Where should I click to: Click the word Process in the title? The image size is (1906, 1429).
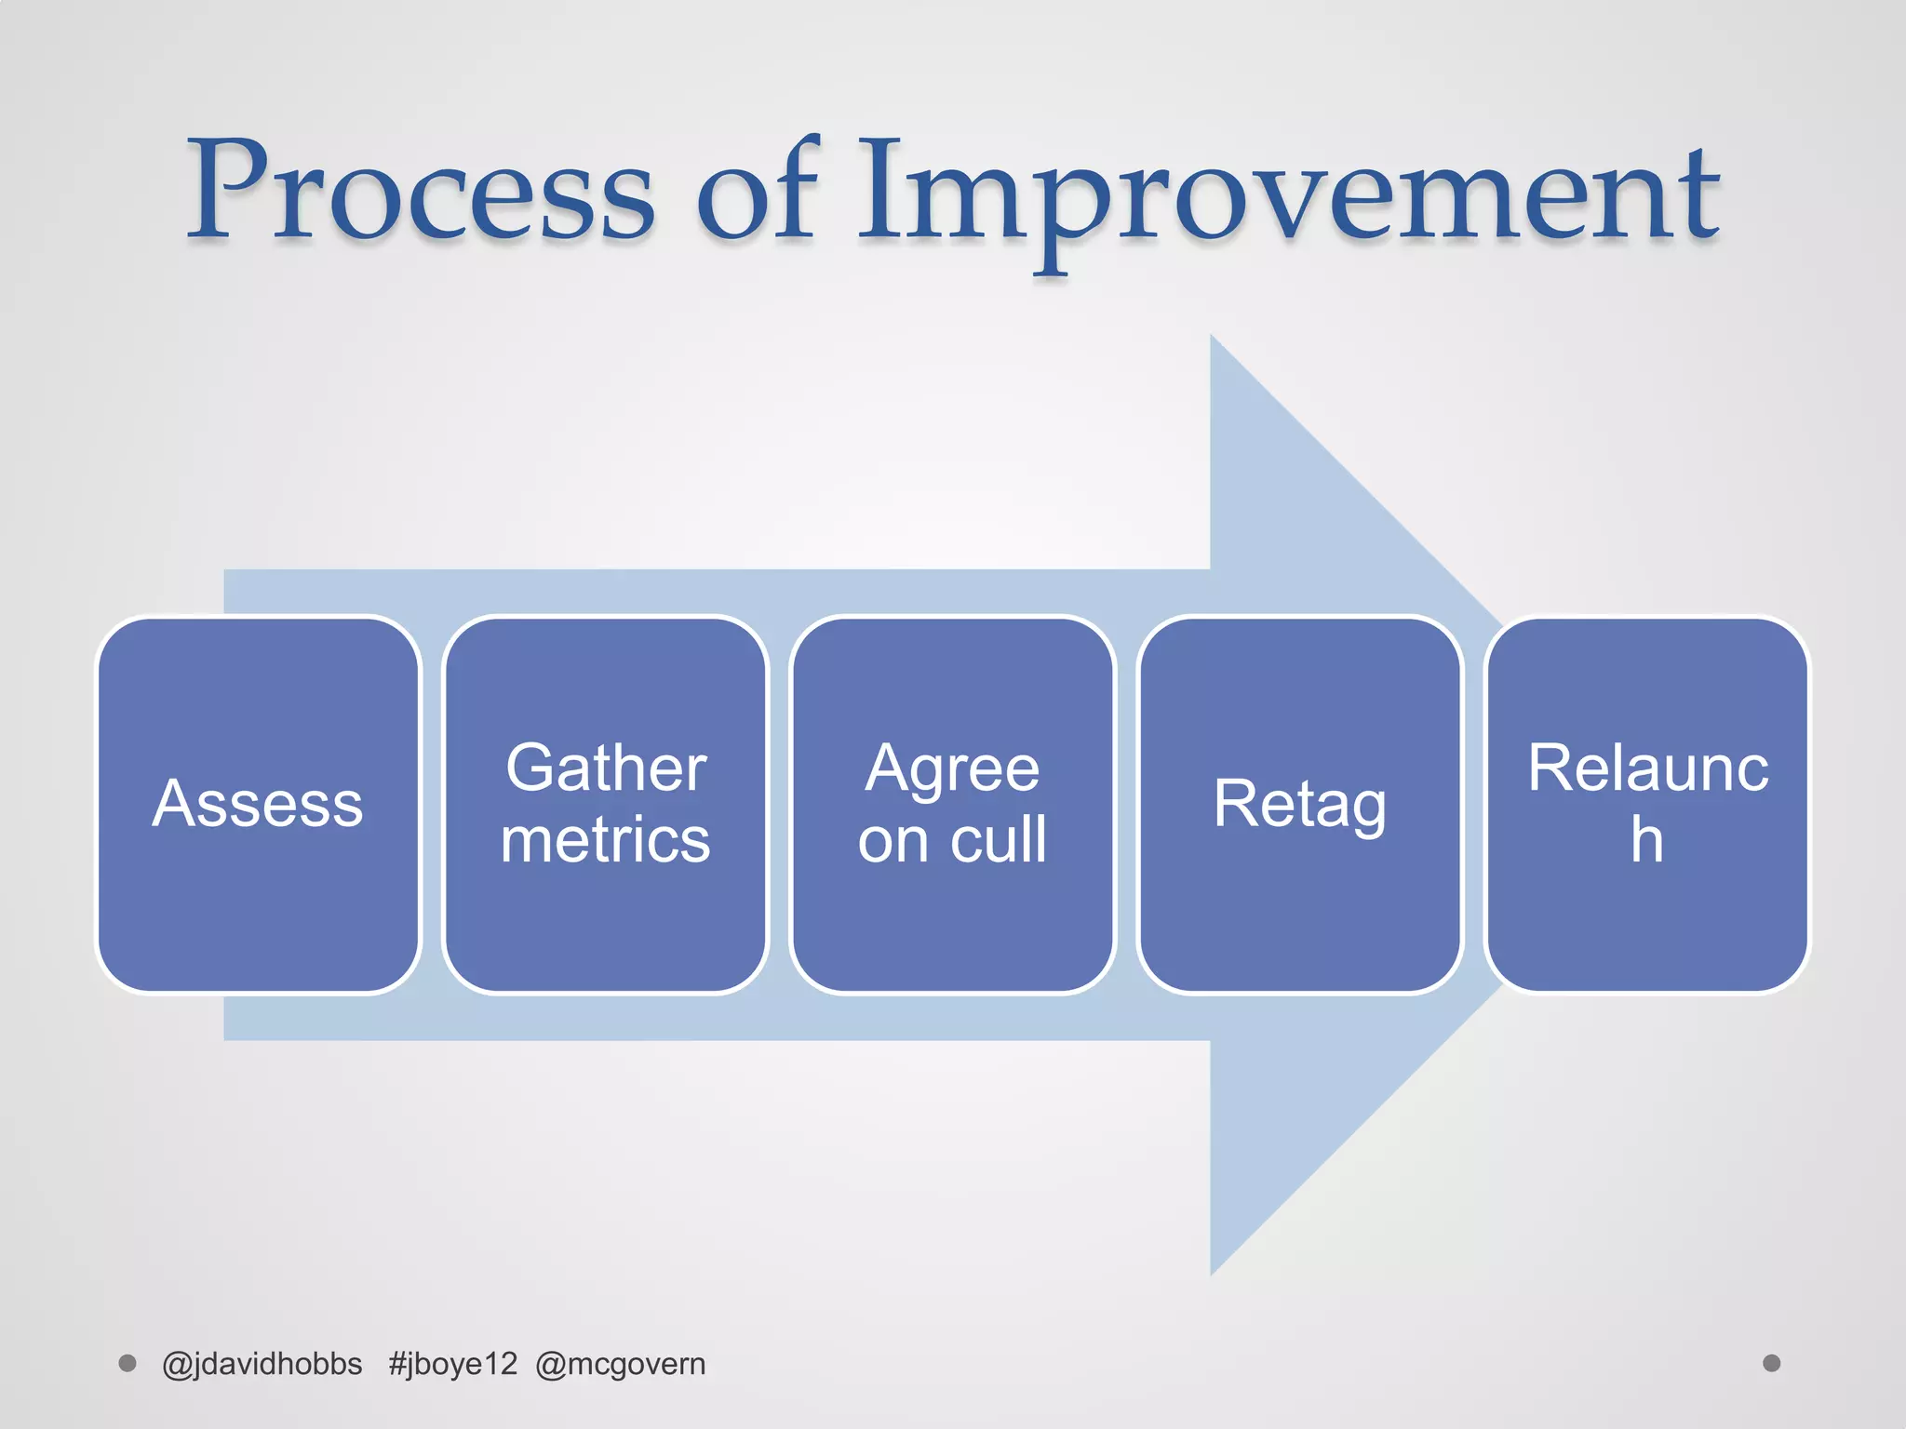(421, 191)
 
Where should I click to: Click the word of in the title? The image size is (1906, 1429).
(756, 191)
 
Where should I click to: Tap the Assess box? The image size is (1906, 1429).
(258, 805)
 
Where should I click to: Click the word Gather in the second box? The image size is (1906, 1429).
(606, 768)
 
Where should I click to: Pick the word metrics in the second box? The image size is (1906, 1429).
(606, 840)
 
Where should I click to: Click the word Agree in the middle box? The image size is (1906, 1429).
(952, 768)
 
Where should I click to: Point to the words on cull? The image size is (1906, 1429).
(952, 840)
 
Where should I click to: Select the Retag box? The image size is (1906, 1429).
(1299, 805)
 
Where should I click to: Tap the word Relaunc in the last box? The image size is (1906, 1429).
(1647, 768)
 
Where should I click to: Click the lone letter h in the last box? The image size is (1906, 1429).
(1646, 840)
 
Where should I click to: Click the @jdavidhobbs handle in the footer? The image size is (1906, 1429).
(262, 1364)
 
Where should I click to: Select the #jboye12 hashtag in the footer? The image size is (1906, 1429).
(452, 1364)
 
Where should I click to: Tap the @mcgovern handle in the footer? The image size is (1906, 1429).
(621, 1364)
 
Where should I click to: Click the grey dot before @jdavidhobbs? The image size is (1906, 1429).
(128, 1363)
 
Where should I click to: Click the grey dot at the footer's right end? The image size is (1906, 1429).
(1772, 1363)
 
